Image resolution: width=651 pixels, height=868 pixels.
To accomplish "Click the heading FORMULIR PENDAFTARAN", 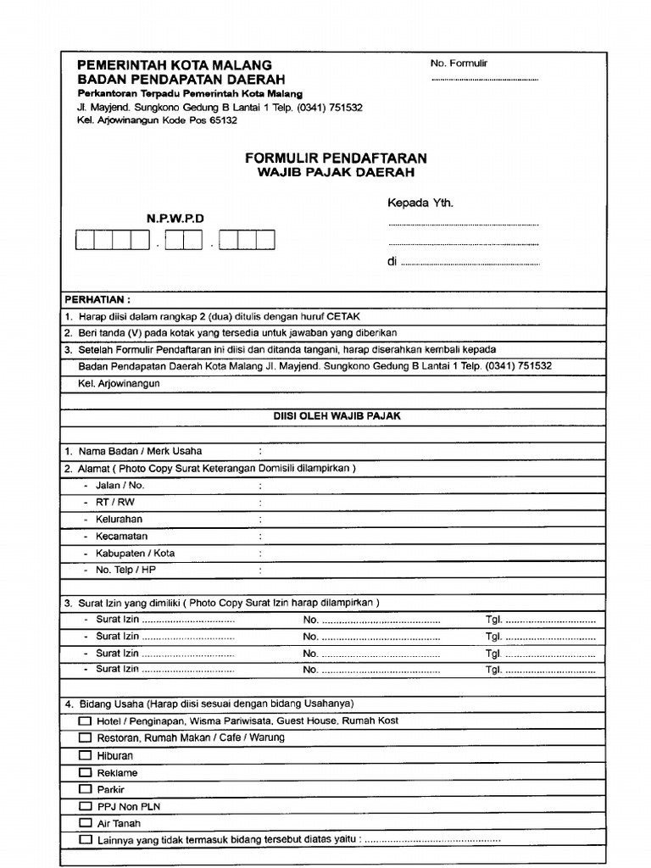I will click(x=336, y=158).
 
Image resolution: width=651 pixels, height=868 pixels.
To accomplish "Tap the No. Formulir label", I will click(x=459, y=64).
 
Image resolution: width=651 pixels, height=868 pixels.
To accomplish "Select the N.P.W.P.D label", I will click(x=175, y=219).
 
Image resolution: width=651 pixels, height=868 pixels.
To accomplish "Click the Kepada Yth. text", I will click(x=420, y=203).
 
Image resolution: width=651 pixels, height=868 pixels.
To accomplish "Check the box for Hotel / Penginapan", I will click(x=86, y=721).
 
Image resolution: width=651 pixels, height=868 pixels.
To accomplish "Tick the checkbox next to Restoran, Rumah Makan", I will click(x=86, y=737).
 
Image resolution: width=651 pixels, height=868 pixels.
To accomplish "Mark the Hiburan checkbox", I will click(x=86, y=755).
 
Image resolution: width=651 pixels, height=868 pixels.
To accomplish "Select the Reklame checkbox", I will click(x=86, y=772).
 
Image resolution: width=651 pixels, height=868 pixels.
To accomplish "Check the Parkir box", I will click(x=86, y=789).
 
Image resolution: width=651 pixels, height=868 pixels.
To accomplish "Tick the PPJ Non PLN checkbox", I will click(x=86, y=806).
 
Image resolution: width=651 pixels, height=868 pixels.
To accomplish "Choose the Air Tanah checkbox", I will click(x=86, y=823).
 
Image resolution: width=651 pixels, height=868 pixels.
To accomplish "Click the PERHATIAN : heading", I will click(x=98, y=299).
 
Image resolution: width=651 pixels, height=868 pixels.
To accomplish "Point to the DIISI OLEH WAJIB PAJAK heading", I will click(x=337, y=416).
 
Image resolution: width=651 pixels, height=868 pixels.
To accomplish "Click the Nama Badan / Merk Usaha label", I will click(x=140, y=451).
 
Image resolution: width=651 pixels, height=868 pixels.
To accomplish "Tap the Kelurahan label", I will click(x=119, y=519).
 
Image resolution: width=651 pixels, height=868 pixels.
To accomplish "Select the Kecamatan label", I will click(x=121, y=536).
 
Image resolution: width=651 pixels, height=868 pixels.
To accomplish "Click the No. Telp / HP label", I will click(x=125, y=570).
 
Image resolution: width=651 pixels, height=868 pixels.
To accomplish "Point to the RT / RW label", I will click(x=115, y=502).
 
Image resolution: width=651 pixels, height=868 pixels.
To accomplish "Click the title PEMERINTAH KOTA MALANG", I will click(x=175, y=64).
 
